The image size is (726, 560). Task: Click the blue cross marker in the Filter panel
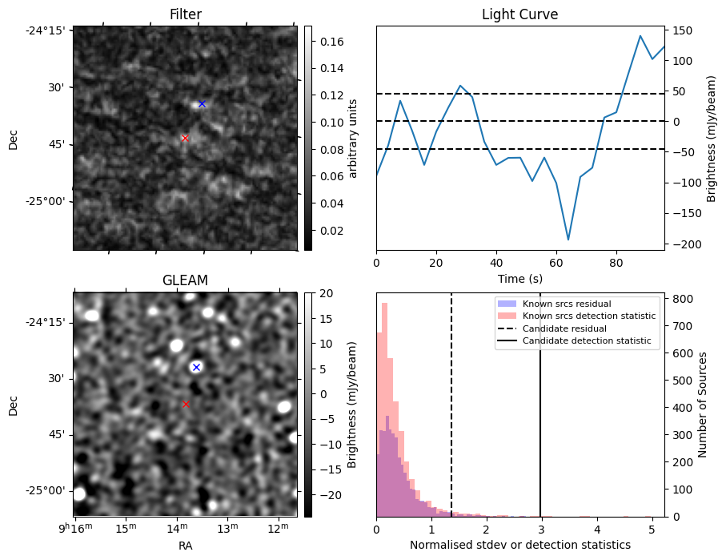coord(202,103)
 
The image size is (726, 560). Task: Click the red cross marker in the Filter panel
coord(185,138)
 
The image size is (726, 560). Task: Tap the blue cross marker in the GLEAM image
coord(196,367)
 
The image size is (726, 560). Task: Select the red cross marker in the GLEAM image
coord(186,405)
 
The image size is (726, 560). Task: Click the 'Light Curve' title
coord(519,14)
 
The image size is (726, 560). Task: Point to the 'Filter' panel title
coord(185,14)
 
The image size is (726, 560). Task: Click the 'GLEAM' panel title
coord(185,280)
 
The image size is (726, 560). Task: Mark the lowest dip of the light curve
coord(568,240)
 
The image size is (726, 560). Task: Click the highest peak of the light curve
coord(640,36)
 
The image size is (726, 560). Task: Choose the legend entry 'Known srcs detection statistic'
coord(588,316)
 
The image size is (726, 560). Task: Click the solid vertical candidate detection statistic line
coord(540,417)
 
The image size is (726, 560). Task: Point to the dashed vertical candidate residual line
coord(451,417)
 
